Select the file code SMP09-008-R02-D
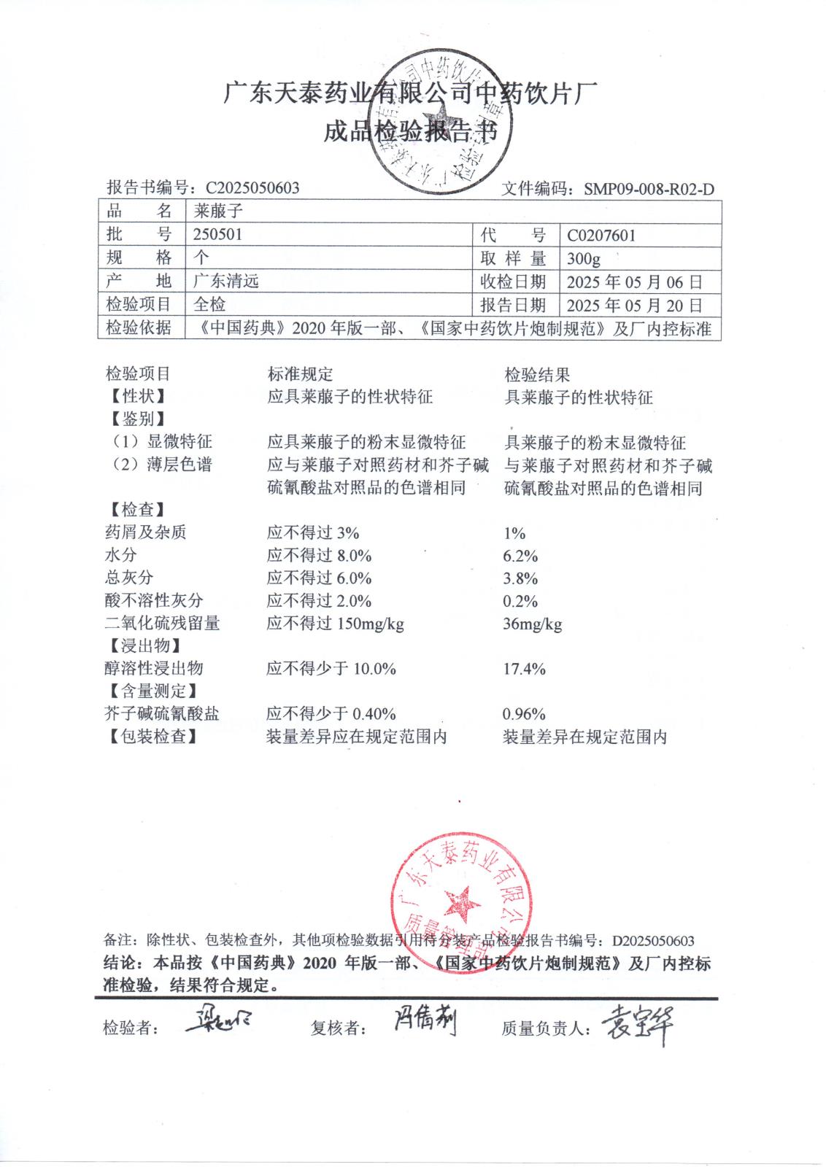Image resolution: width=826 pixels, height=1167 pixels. coord(648,190)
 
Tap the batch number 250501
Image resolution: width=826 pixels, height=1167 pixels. coord(217,234)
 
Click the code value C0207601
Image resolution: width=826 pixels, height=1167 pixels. coord(601,235)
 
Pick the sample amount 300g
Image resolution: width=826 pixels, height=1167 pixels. coord(583,258)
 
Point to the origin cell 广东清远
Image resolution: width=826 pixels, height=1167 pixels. coord(226,281)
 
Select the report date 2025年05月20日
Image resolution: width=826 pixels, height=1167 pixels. coord(634,305)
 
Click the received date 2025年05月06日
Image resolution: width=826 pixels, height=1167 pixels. coord(634,282)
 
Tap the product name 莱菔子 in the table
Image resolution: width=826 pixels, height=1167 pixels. coord(217,212)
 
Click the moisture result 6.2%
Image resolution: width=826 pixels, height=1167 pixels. coord(520,556)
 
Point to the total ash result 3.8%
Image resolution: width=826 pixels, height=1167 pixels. coord(520,578)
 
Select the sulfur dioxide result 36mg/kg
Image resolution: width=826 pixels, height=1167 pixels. coord(533,624)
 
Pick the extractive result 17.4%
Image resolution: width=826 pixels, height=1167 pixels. coord(524,669)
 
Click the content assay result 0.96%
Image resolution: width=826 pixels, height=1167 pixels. coord(524,714)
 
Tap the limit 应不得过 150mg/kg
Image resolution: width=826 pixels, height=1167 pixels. coord(335,624)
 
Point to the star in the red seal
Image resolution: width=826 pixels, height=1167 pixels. coord(462,904)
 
